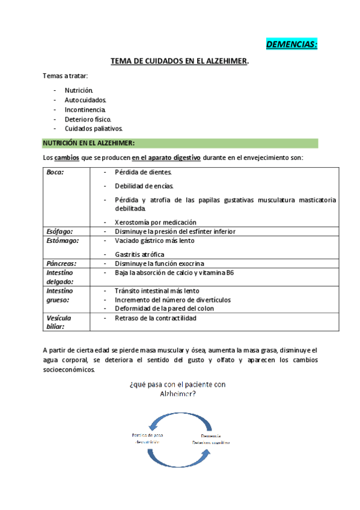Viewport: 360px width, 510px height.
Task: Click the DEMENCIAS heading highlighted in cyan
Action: point(291,45)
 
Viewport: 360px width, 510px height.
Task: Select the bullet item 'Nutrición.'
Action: point(79,90)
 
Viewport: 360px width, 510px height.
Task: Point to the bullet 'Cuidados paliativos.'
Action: point(94,129)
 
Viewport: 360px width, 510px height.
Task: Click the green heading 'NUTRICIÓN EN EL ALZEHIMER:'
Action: point(88,143)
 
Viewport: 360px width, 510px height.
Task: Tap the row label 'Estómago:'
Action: point(61,240)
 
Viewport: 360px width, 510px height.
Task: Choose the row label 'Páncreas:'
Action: point(61,263)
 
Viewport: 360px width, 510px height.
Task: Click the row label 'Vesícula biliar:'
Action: point(59,322)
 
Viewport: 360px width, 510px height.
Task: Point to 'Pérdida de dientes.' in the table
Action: point(144,172)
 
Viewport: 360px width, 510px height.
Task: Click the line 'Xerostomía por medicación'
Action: point(155,223)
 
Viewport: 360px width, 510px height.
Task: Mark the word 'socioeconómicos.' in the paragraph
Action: point(69,370)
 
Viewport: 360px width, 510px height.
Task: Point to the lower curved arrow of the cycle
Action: point(180,459)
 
